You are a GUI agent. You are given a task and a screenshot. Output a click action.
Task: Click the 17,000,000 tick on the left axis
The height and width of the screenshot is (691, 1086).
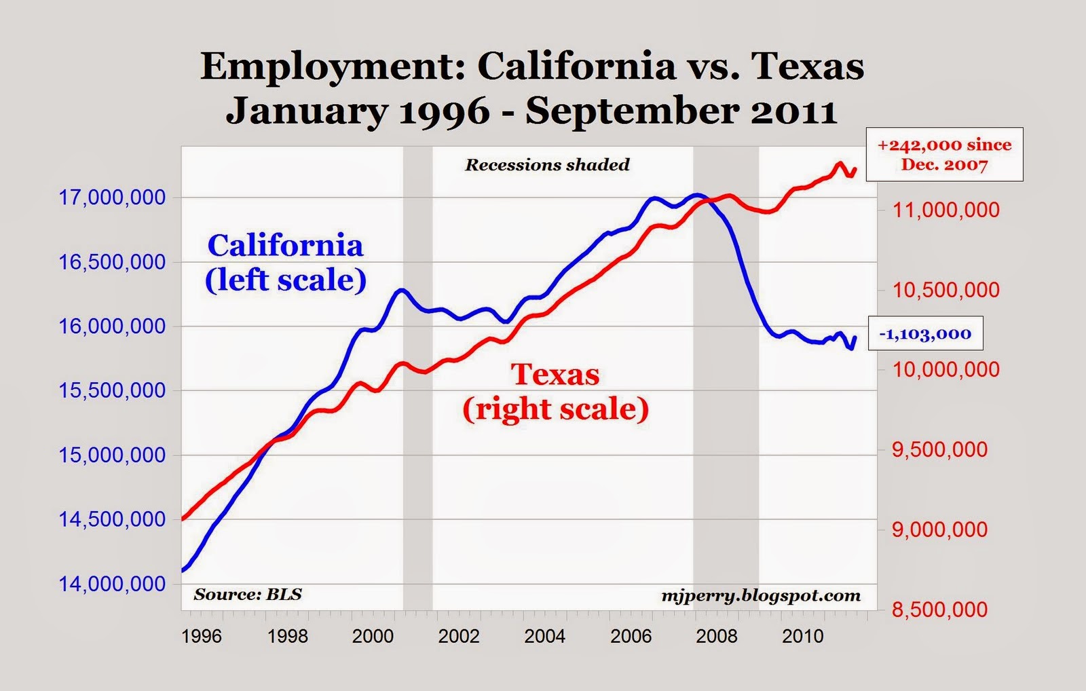click(112, 198)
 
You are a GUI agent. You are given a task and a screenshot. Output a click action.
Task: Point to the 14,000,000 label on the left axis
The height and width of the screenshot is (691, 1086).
click(112, 584)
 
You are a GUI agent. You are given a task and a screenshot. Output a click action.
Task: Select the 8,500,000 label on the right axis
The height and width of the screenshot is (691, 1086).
click(939, 610)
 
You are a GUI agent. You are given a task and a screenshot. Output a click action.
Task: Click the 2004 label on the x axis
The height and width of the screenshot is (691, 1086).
click(544, 636)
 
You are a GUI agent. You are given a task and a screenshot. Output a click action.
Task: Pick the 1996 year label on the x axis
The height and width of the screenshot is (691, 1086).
click(202, 636)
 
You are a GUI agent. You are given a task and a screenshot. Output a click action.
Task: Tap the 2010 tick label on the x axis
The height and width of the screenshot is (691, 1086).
click(802, 636)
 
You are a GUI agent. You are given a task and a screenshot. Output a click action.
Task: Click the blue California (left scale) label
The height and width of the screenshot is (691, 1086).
click(286, 263)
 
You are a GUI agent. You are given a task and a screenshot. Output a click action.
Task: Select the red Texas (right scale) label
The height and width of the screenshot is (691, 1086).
click(555, 392)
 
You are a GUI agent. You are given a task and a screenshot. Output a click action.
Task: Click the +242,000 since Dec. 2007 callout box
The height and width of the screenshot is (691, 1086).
click(944, 155)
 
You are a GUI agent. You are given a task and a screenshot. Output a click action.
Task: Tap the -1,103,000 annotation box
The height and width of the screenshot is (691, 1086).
click(925, 334)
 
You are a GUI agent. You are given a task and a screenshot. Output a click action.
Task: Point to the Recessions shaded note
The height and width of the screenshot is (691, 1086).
click(547, 165)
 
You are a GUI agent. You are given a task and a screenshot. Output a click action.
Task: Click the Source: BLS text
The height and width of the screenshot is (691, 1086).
click(247, 595)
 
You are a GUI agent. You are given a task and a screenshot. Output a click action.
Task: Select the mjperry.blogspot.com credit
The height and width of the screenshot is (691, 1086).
click(761, 596)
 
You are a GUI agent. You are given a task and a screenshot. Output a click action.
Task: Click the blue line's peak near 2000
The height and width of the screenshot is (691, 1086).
click(401, 291)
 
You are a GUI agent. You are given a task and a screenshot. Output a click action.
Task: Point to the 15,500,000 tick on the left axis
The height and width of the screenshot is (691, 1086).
click(112, 390)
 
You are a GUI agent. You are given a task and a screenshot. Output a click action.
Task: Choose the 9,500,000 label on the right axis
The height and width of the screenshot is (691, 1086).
click(939, 449)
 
